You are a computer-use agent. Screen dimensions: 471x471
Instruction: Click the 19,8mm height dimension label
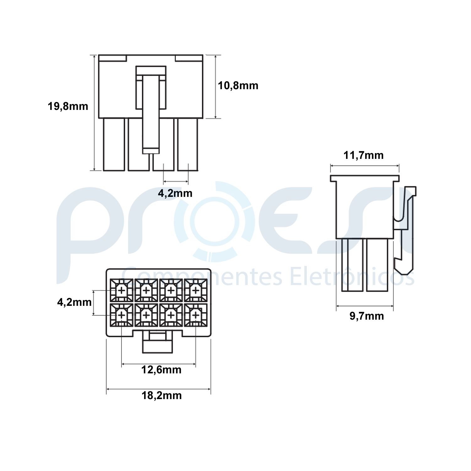click(68, 106)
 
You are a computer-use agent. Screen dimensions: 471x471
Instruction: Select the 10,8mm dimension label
click(238, 85)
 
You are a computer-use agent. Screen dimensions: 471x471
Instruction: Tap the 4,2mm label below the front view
click(175, 193)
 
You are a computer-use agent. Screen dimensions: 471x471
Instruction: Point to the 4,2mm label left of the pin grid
click(74, 302)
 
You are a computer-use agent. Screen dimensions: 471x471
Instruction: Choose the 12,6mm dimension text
click(161, 370)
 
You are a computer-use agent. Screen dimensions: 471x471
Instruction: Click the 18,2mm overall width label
click(161, 395)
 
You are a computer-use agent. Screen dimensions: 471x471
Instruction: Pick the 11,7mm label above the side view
click(363, 155)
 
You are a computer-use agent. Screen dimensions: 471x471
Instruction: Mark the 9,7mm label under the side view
click(366, 316)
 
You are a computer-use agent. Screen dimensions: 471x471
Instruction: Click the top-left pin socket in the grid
click(121, 290)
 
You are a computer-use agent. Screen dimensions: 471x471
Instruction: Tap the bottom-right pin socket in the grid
click(196, 315)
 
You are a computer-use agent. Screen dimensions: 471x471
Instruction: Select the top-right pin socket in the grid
click(196, 290)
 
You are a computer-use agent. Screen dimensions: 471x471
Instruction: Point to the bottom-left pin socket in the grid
click(121, 315)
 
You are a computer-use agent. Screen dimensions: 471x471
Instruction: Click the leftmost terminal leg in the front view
click(114, 145)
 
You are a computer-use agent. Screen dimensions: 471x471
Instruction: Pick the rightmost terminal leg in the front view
click(188, 145)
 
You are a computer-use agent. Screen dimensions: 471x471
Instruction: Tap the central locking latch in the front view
click(151, 110)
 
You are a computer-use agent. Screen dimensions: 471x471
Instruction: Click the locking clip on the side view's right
click(407, 229)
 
